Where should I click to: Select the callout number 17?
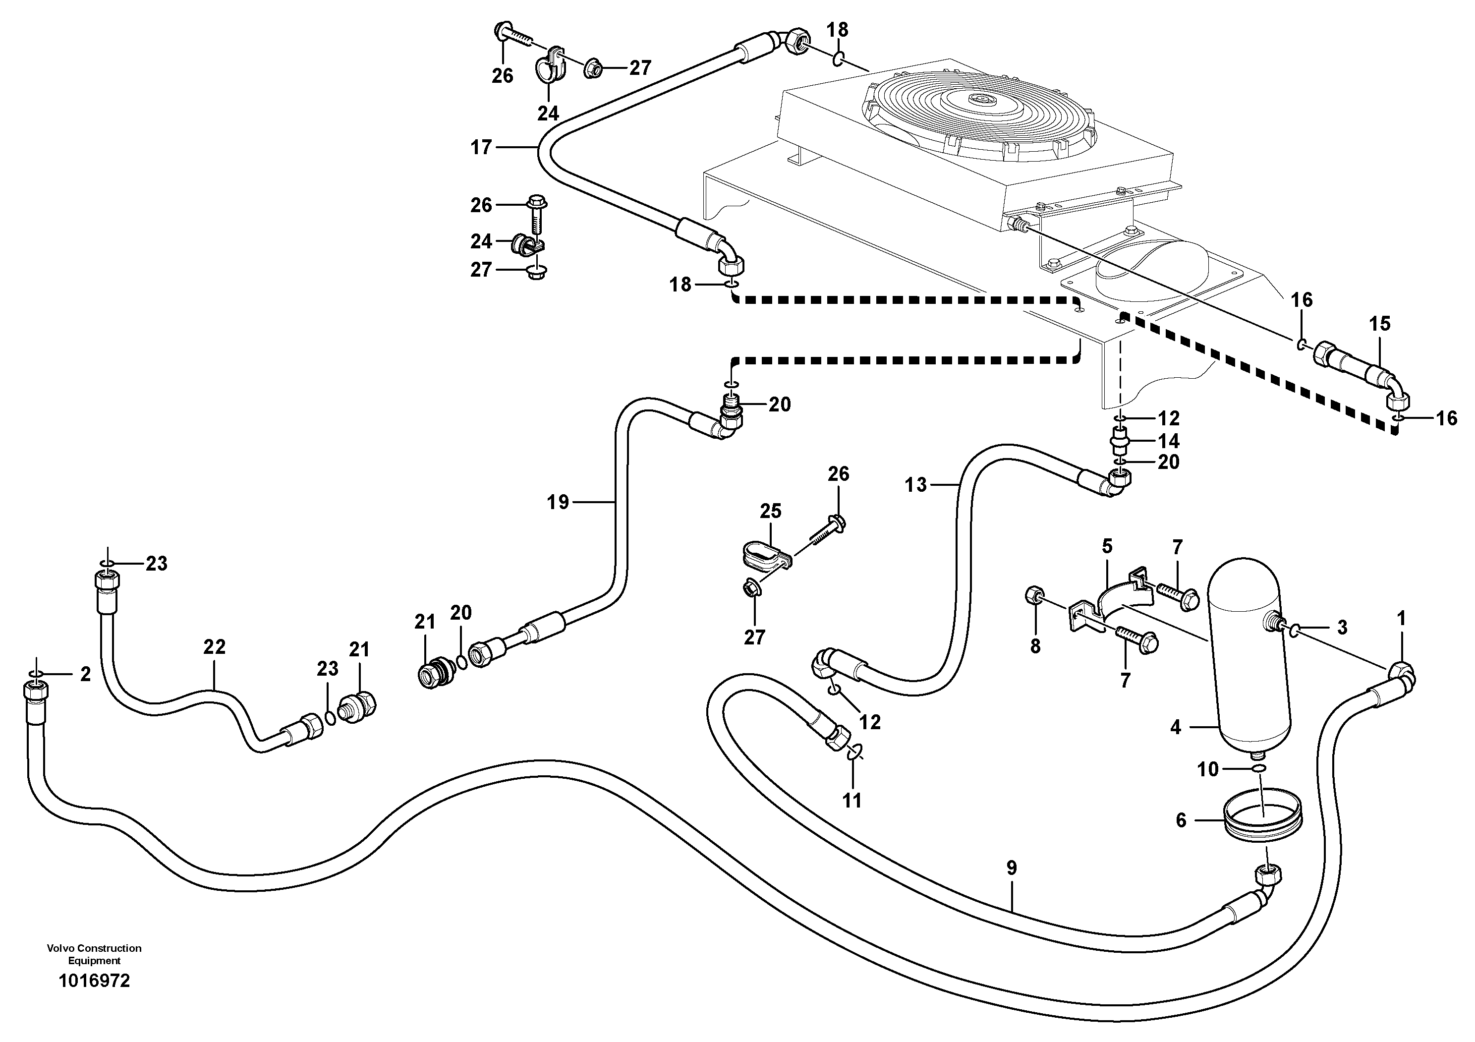point(481,148)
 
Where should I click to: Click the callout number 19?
point(558,502)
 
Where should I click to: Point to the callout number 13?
point(916,484)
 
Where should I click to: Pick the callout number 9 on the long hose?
point(1011,868)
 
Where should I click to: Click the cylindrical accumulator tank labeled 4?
point(1248,662)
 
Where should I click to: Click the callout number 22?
point(214,647)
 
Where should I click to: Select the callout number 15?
point(1379,324)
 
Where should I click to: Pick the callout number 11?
point(852,801)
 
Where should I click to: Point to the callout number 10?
point(1208,769)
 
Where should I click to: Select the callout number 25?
point(770,512)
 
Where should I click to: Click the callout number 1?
point(1401,619)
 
